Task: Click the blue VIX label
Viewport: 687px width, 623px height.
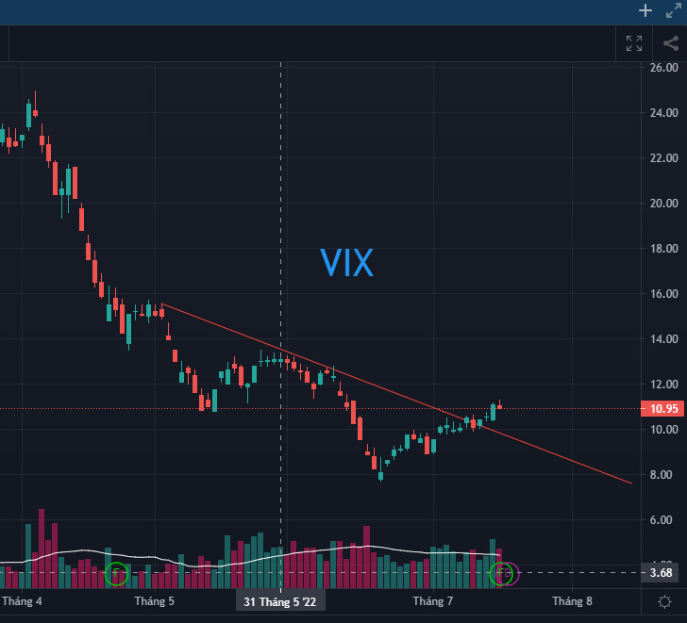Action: point(346,264)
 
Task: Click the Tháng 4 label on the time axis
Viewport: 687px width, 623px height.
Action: point(23,600)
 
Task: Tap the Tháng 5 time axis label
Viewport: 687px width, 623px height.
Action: point(155,600)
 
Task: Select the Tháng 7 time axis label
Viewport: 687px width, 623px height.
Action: point(433,600)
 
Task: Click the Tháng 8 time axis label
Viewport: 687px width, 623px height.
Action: point(572,600)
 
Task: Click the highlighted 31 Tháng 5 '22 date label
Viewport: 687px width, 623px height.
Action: point(281,601)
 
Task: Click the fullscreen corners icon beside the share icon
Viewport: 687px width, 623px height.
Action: point(634,42)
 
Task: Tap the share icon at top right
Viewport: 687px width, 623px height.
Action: point(670,42)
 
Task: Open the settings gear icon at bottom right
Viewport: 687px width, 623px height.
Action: point(665,601)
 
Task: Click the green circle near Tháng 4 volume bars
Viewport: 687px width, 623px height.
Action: point(117,572)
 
